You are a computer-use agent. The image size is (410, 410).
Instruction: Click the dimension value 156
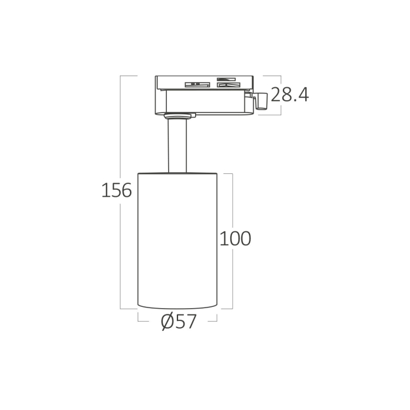coord(117,190)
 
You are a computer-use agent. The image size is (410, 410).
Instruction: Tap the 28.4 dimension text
coord(289,94)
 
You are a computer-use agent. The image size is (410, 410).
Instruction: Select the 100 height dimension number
coord(235,238)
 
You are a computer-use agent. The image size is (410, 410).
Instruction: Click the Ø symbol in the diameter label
coord(166,322)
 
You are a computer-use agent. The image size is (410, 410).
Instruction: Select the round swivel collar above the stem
coord(177,115)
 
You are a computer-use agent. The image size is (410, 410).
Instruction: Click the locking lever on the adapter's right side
coord(261,100)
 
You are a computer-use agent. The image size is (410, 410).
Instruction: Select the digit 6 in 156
coord(126,190)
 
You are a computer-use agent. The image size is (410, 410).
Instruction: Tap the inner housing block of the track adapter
coord(205,101)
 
